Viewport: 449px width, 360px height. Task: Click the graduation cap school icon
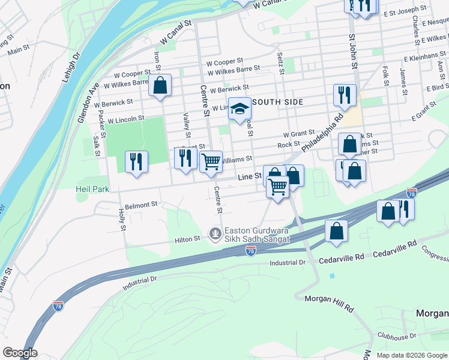point(240,109)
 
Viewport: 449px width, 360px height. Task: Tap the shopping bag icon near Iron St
point(160,85)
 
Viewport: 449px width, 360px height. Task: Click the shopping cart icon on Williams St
point(211,161)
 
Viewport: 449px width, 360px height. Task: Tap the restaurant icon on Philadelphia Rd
point(345,95)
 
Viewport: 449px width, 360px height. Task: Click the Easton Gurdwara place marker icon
point(215,233)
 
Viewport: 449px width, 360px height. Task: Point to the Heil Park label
point(92,189)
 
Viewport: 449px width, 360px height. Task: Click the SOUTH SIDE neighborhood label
point(277,102)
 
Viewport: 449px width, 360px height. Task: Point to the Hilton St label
point(187,239)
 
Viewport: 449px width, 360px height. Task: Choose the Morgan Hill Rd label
point(328,302)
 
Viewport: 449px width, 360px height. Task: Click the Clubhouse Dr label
point(397,337)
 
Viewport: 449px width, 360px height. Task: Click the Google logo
point(20,353)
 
